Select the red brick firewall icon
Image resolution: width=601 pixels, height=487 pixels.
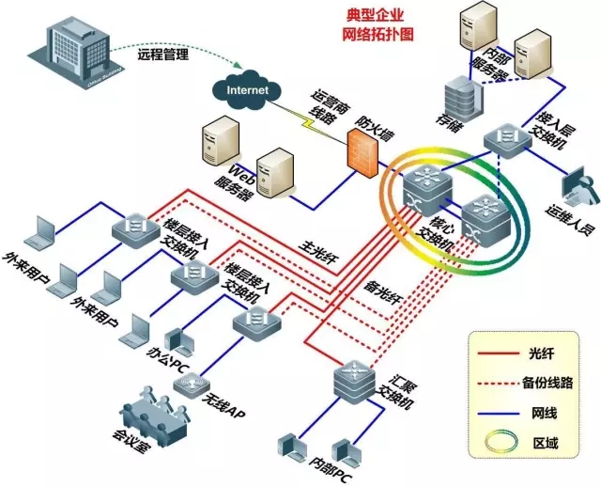pos(361,151)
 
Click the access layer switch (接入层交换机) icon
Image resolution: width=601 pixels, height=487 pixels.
pos(503,141)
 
